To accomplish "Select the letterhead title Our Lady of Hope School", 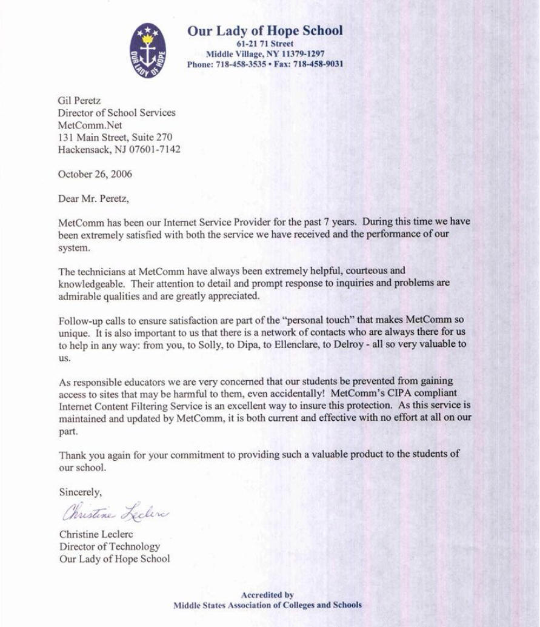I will click(265, 31).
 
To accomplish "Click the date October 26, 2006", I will click(95, 174).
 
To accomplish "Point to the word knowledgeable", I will click(91, 283).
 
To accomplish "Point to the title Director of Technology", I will click(109, 546).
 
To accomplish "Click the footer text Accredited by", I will click(267, 595).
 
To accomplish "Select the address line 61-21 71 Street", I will click(265, 44).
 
